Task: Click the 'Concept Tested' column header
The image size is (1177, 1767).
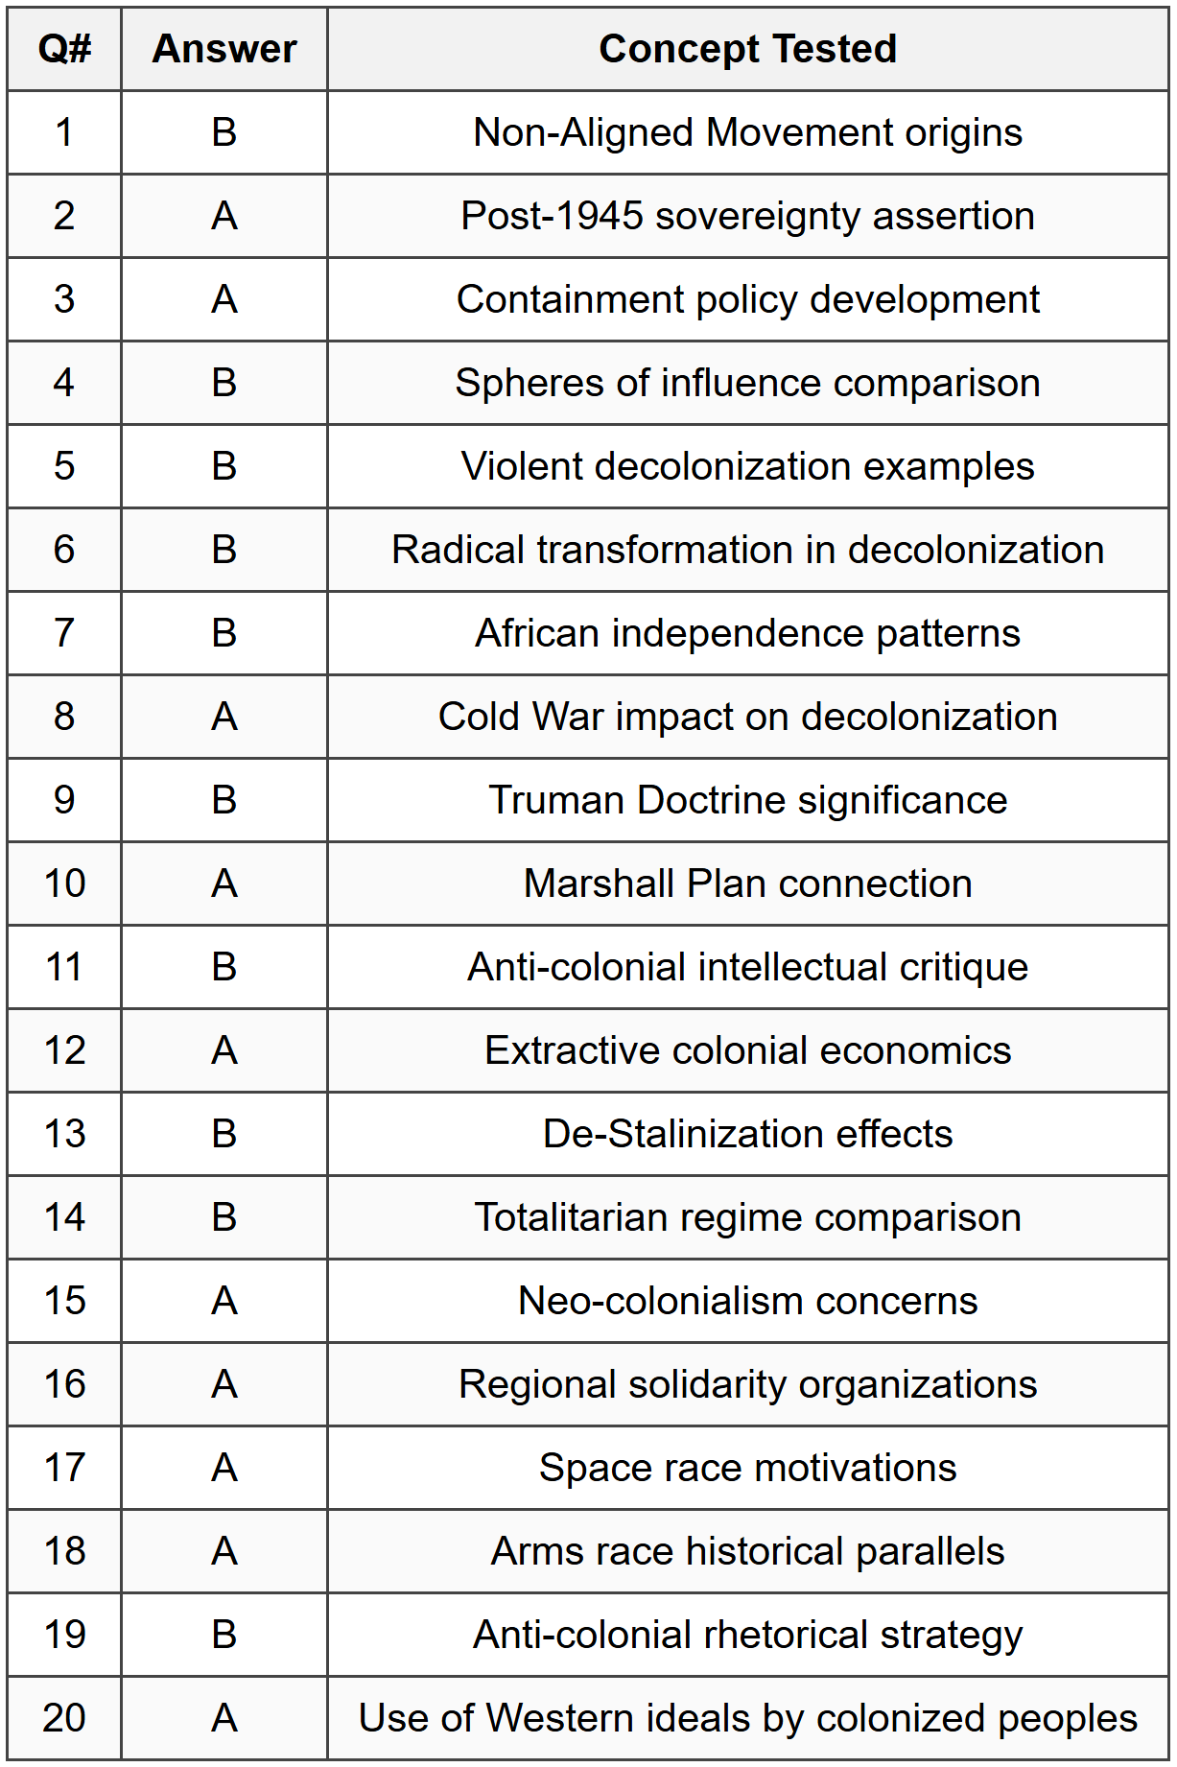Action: [747, 49]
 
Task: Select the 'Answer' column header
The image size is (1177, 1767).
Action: [224, 49]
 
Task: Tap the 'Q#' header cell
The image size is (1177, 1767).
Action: [64, 49]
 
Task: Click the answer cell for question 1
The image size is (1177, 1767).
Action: [224, 132]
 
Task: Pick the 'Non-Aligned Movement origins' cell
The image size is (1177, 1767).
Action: [747, 132]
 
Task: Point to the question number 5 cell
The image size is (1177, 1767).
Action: [64, 466]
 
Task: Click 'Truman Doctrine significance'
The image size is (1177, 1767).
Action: [747, 800]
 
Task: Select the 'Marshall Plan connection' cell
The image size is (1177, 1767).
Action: [747, 883]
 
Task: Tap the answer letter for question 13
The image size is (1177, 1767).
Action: [224, 1134]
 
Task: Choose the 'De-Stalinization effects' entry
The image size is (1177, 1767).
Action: [747, 1134]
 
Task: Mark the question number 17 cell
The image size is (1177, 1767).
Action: [64, 1468]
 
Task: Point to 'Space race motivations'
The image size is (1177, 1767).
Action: [747, 1468]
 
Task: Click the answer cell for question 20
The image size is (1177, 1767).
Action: [224, 1718]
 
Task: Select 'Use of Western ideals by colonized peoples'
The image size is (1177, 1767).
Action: [747, 1718]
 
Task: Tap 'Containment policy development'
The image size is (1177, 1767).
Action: [747, 299]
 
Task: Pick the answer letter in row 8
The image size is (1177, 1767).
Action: [224, 717]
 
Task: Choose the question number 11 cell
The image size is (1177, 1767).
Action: [64, 967]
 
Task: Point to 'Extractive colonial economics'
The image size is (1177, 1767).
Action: [747, 1050]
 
